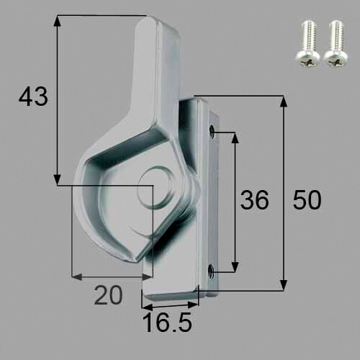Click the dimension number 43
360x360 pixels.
[33, 96]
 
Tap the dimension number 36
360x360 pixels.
[255, 200]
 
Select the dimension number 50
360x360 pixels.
[307, 200]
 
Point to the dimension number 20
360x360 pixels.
[108, 295]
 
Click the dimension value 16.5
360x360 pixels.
[167, 323]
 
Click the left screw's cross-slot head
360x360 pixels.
[308, 58]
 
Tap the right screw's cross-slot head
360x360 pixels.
[336, 58]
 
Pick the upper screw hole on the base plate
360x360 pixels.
[212, 131]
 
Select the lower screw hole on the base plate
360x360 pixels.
[212, 271]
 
